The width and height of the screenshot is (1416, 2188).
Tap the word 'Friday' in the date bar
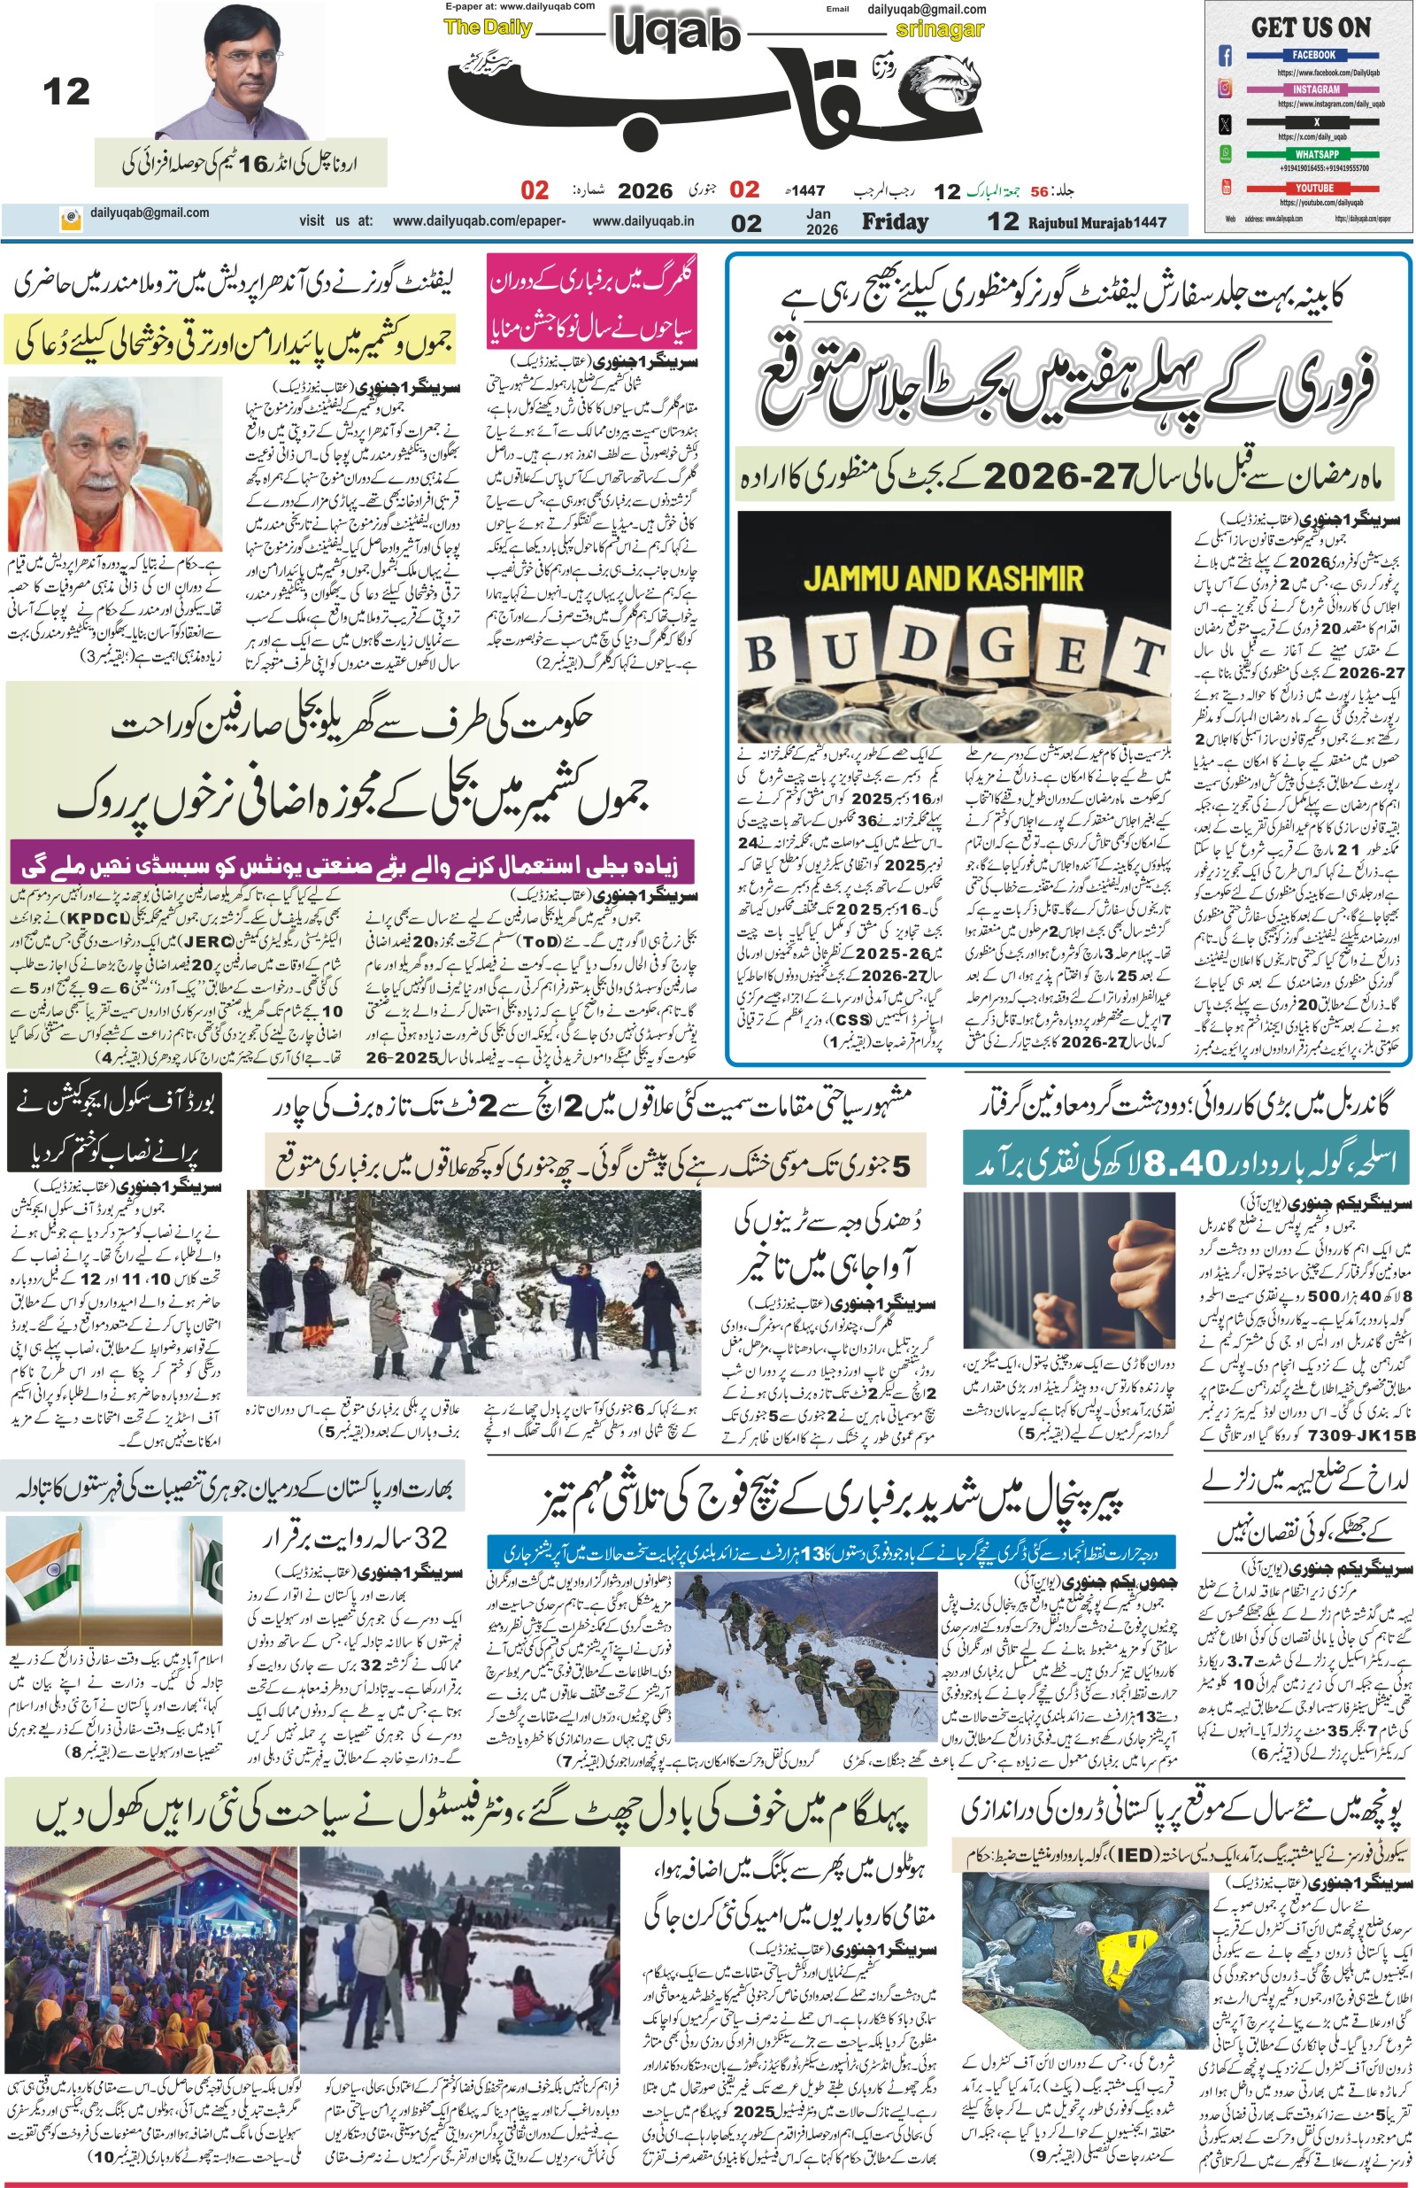click(x=894, y=221)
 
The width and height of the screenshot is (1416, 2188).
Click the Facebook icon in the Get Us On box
click(x=1225, y=56)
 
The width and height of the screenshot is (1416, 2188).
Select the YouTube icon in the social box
click(x=1225, y=188)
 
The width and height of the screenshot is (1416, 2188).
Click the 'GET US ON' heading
click(x=1311, y=27)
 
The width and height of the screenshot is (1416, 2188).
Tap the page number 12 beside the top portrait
click(x=66, y=92)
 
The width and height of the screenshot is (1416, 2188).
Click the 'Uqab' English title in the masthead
click(x=675, y=35)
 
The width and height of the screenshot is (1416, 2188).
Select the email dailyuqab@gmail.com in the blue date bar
click(x=150, y=213)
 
